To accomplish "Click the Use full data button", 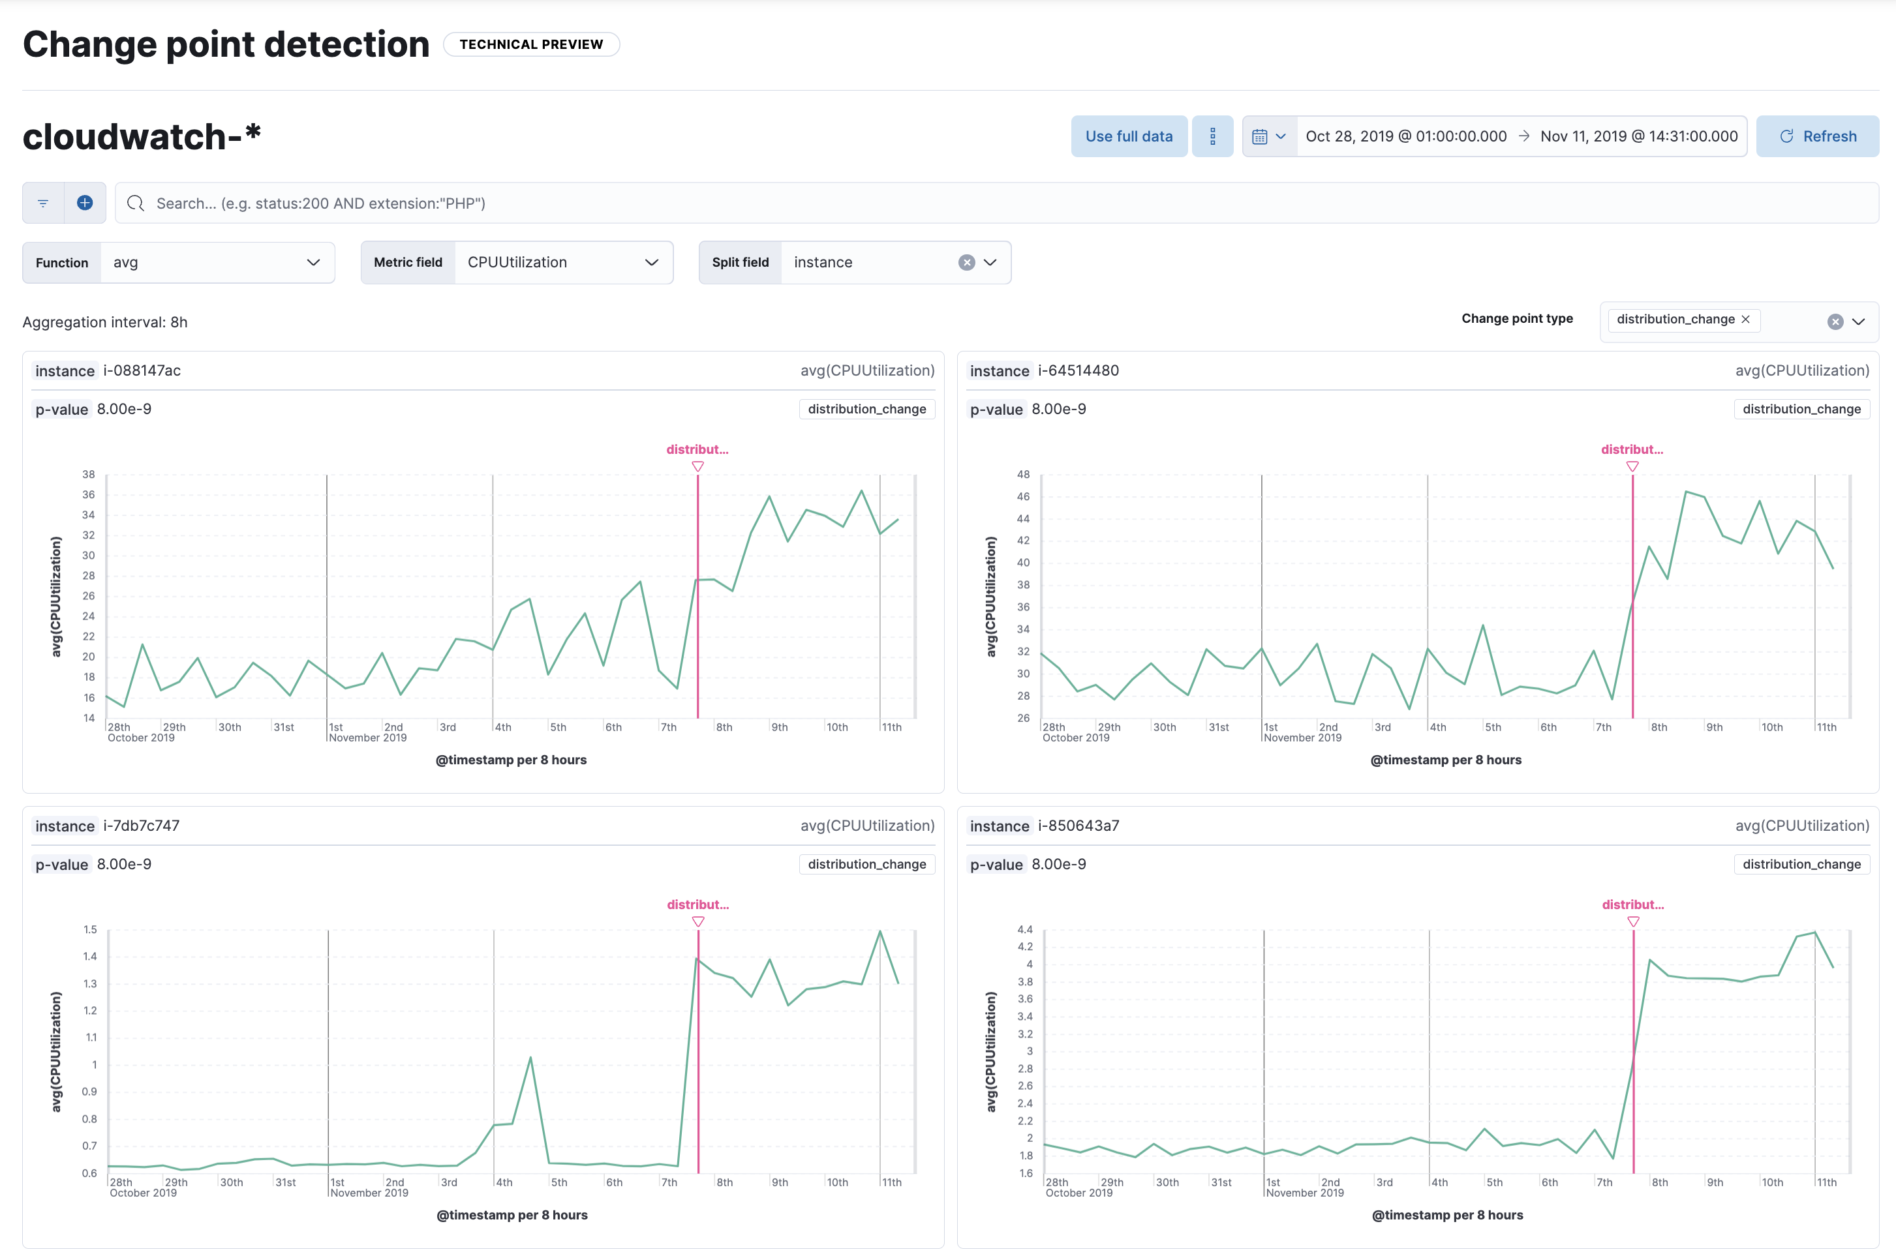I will coord(1128,136).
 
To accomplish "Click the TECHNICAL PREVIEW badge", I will coord(530,44).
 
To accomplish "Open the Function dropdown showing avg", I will coord(217,263).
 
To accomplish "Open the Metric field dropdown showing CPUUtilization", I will coord(562,263).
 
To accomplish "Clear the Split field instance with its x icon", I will coord(966,263).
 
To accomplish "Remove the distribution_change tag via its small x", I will coord(1745,319).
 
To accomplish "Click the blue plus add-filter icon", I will coord(85,203).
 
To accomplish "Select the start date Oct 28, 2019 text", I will coord(1405,136).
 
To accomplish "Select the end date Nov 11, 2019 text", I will coord(1638,136).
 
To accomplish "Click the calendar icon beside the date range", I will coord(1260,137).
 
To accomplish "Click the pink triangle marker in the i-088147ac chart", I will coord(697,466).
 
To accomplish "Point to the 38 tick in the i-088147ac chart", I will coord(88,474).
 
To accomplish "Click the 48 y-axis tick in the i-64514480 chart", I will coord(1022,474).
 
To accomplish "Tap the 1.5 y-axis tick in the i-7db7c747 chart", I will coord(90,929).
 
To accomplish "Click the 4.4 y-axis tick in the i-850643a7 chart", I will coord(1024,929).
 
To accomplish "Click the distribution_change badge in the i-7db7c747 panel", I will coord(866,864).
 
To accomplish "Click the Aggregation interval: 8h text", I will coord(105,322).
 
